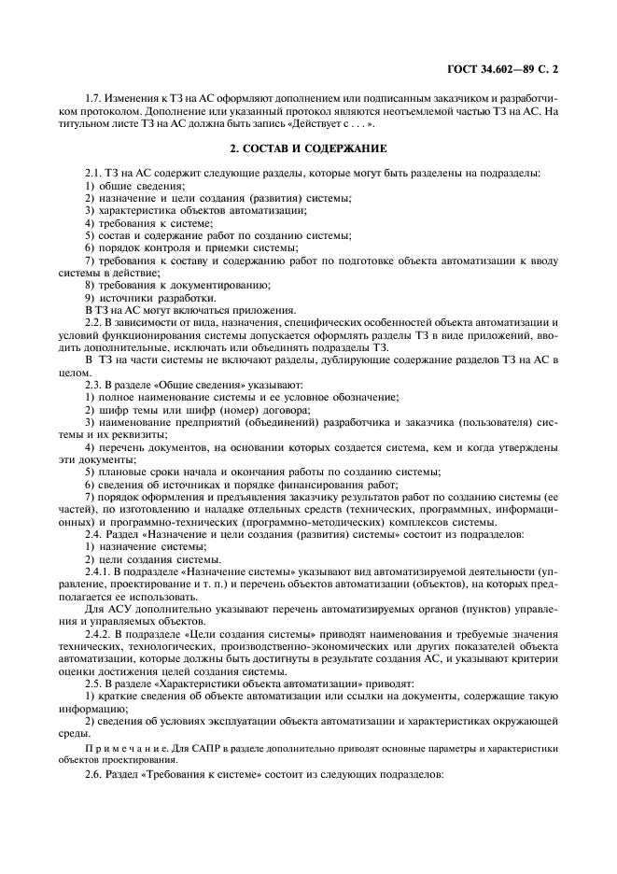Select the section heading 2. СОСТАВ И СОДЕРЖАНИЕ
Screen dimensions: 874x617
[x=309, y=148]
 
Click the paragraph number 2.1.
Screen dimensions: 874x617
[x=94, y=173]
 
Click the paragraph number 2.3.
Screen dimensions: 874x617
[x=94, y=384]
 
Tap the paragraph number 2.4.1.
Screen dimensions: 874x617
[x=98, y=570]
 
